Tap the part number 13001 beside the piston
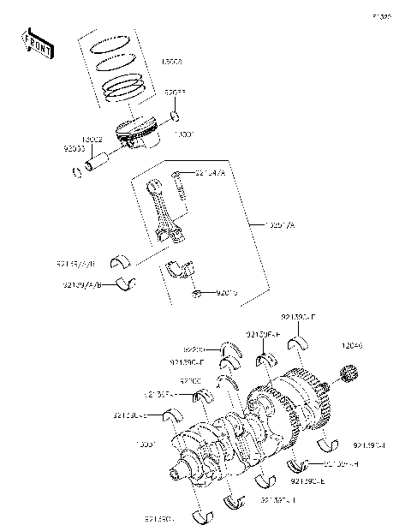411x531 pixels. tap(183, 134)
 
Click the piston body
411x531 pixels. tap(137, 134)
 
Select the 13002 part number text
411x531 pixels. tap(93, 138)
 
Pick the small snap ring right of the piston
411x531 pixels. tap(175, 116)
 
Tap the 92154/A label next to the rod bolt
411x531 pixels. tap(210, 174)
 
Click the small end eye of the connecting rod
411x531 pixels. tap(157, 188)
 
